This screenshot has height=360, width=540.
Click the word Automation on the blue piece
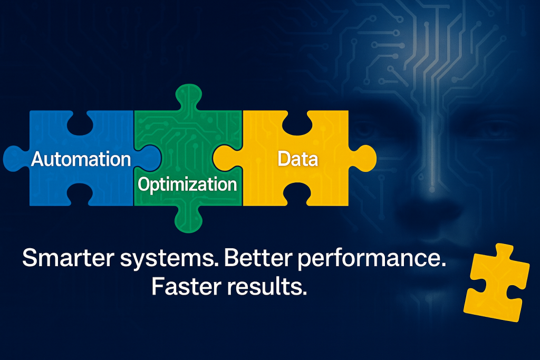coord(81,159)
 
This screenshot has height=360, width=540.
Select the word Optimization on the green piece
coord(187,184)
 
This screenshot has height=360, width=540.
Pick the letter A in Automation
coord(38,159)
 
